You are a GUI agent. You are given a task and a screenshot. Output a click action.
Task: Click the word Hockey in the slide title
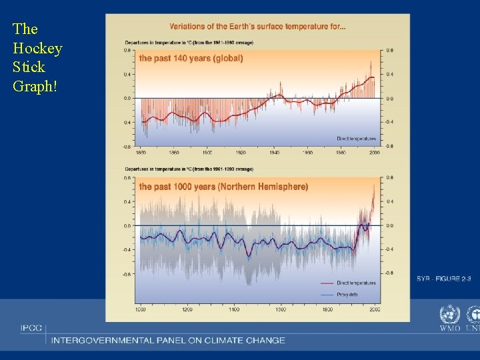tap(37, 49)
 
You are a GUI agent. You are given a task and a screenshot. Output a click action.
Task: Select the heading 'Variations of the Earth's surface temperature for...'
tap(257, 27)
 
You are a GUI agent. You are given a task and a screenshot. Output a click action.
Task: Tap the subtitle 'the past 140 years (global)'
tap(191, 59)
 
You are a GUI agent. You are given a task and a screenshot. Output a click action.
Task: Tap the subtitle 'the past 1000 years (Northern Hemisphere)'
tap(223, 187)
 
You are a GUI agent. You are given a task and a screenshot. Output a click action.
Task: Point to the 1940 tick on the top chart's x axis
tap(274, 152)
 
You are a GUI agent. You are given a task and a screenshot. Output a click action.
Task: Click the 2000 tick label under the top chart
tap(374, 152)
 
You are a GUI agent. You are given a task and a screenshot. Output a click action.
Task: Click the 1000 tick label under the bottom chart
tap(140, 310)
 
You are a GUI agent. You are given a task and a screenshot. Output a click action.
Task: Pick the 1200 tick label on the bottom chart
tap(187, 310)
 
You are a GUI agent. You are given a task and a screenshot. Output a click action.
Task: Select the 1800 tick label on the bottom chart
tap(327, 310)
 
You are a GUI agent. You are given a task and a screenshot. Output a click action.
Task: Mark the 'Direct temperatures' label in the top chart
tap(356, 139)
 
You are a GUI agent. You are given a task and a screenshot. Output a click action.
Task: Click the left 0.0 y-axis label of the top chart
tap(127, 99)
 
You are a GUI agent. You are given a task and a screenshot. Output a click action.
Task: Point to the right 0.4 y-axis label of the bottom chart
tap(390, 201)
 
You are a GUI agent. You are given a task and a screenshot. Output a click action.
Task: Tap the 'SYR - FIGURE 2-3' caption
tap(443, 278)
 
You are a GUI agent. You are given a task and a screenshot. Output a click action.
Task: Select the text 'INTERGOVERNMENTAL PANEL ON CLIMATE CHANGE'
tap(168, 340)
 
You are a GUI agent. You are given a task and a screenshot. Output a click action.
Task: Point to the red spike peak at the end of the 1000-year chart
tap(373, 185)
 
